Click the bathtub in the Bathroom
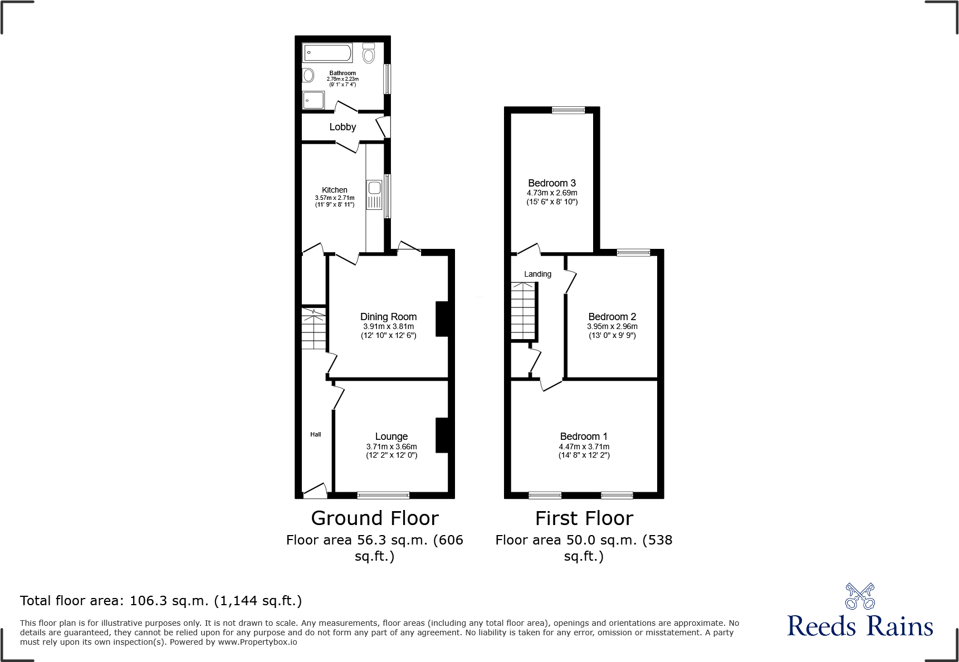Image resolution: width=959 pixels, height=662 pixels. tap(327, 53)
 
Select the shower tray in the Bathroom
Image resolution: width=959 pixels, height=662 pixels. tap(313, 101)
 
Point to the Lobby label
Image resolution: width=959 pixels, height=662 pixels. tap(342, 127)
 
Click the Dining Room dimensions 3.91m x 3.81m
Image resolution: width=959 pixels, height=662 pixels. tap(388, 327)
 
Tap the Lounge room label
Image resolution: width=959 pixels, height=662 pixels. tap(391, 437)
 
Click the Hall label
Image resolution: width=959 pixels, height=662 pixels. tap(316, 434)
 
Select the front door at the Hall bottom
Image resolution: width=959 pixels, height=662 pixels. tap(315, 491)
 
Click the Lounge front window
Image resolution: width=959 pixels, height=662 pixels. tap(383, 495)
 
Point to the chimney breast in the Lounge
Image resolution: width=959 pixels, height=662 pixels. tap(442, 435)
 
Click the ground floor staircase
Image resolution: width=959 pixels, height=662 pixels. tap(314, 329)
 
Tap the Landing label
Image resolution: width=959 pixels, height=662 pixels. tap(537, 274)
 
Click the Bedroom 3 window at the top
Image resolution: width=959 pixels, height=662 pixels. tap(569, 110)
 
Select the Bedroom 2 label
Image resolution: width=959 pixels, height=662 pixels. tap(612, 316)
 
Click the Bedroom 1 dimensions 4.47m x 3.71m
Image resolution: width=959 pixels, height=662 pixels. tap(584, 447)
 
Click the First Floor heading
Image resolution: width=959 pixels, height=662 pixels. tap(584, 518)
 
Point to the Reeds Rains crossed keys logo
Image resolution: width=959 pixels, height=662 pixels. tap(860, 596)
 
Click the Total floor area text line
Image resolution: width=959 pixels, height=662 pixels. tap(161, 601)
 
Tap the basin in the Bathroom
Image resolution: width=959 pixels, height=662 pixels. tap(309, 75)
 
